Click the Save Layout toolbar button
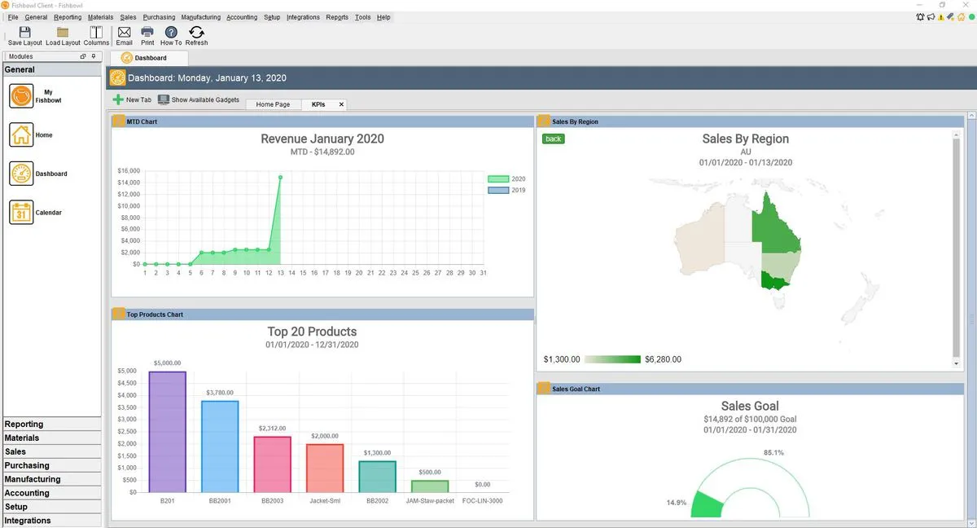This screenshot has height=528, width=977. pos(24,35)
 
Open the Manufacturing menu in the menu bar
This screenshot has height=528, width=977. pos(200,17)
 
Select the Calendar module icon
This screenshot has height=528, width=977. pos(21,213)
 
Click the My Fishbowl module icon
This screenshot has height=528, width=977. pos(21,96)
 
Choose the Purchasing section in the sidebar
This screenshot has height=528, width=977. pos(27,465)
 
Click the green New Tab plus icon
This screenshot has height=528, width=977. pos(119,100)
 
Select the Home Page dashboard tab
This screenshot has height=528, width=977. pos(273,104)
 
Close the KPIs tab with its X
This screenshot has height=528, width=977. pos(341,104)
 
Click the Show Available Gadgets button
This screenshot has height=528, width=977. pos(199,100)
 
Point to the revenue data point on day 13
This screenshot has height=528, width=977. pos(280,177)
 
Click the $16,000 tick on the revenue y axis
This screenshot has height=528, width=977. pos(129,171)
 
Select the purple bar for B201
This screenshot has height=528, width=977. pos(168,432)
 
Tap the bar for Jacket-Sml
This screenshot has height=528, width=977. pos(325,468)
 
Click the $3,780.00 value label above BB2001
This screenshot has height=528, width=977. pos(220,392)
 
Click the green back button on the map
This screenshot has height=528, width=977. pos(554,139)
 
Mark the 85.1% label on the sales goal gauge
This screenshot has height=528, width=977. pos(773,452)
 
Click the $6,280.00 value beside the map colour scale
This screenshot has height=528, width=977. pos(663,359)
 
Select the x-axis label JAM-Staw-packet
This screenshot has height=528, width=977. pos(430,500)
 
